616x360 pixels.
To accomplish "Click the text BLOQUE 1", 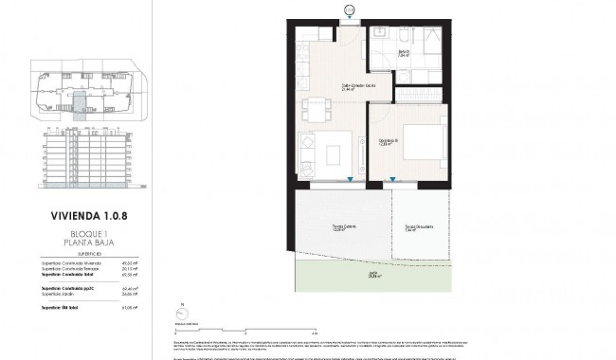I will pos(77,233).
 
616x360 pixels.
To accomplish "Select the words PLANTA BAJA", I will pos(77,243).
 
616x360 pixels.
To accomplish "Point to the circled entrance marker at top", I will pos(348,9).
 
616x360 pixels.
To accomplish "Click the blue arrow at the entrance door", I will pos(348,23).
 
